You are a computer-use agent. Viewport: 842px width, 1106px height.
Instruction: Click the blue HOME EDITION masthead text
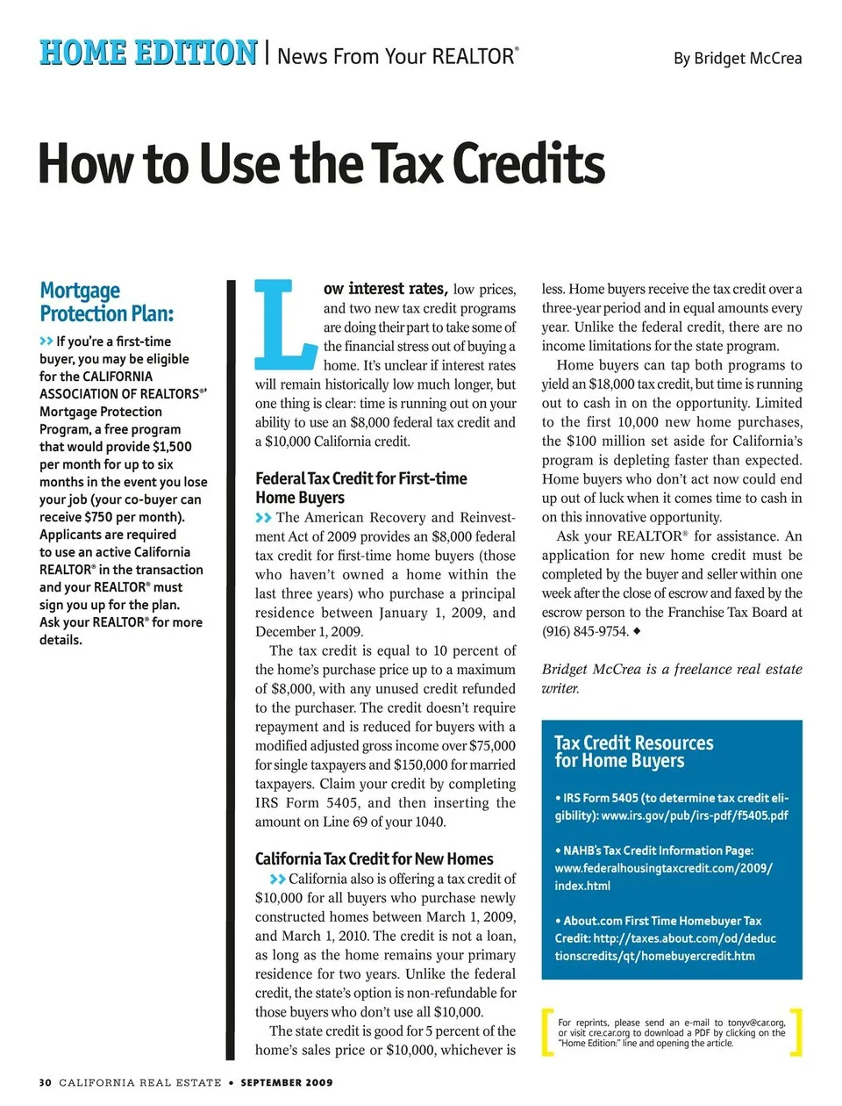pyautogui.click(x=148, y=53)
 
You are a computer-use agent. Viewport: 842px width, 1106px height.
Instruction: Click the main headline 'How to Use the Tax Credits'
pyautogui.click(x=321, y=164)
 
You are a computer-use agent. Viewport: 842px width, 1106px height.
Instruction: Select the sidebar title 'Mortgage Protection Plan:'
pyautogui.click(x=106, y=302)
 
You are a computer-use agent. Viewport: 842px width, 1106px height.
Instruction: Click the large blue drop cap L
pyautogui.click(x=282, y=325)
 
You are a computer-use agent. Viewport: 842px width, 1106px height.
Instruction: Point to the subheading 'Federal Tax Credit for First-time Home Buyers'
pyautogui.click(x=360, y=488)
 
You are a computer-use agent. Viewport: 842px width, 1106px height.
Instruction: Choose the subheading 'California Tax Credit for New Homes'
pyautogui.click(x=374, y=858)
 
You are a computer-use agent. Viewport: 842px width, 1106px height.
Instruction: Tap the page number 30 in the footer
pyautogui.click(x=45, y=1082)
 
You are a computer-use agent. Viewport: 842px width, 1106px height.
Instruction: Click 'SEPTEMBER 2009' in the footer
pyautogui.click(x=287, y=1082)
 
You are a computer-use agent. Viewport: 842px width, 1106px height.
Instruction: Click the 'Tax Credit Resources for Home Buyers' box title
pyautogui.click(x=633, y=751)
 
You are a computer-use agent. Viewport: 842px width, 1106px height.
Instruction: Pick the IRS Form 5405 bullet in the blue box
pyautogui.click(x=671, y=807)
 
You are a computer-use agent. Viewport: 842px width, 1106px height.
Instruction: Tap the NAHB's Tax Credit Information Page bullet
pyautogui.click(x=663, y=867)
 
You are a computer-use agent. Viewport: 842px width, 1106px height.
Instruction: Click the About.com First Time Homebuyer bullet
pyautogui.click(x=665, y=937)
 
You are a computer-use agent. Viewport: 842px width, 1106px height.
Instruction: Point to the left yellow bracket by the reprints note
pyautogui.click(x=546, y=1032)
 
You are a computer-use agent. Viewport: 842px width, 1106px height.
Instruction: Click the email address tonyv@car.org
pyautogui.click(x=756, y=1023)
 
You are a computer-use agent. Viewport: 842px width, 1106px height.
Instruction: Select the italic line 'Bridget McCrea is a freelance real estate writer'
pyautogui.click(x=671, y=678)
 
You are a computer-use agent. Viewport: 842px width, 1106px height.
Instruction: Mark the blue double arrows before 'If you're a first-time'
pyautogui.click(x=46, y=341)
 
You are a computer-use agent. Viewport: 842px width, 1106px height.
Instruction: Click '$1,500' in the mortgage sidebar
pyautogui.click(x=172, y=446)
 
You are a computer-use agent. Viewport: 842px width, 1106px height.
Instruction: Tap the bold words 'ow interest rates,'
pyautogui.click(x=385, y=289)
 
